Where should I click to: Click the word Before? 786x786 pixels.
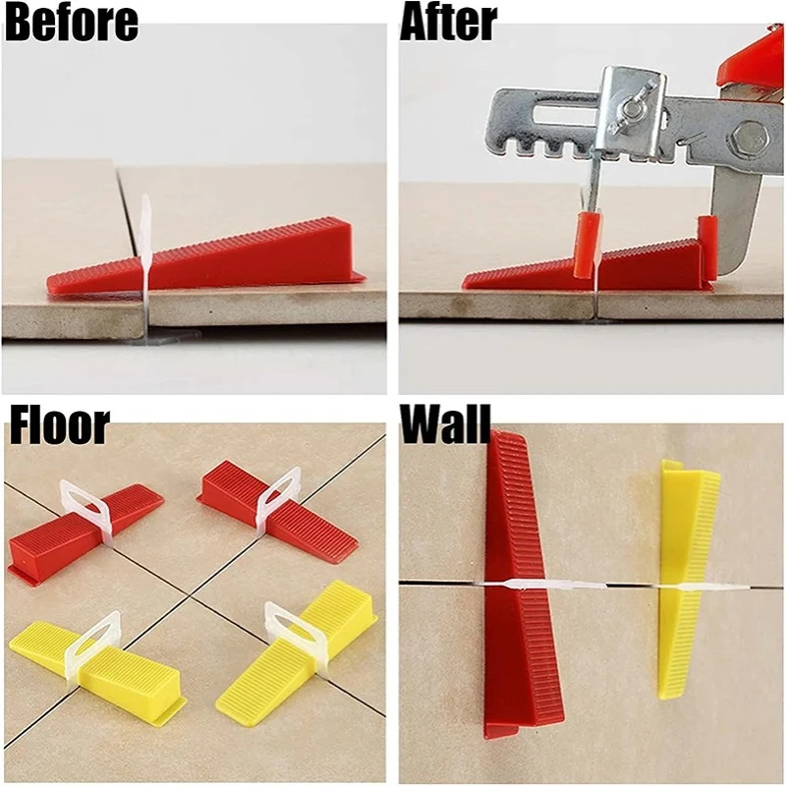point(71,23)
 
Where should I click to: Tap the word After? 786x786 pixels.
point(448,23)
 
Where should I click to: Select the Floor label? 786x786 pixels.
point(59,426)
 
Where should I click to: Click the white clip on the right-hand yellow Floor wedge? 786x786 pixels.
point(295,629)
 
